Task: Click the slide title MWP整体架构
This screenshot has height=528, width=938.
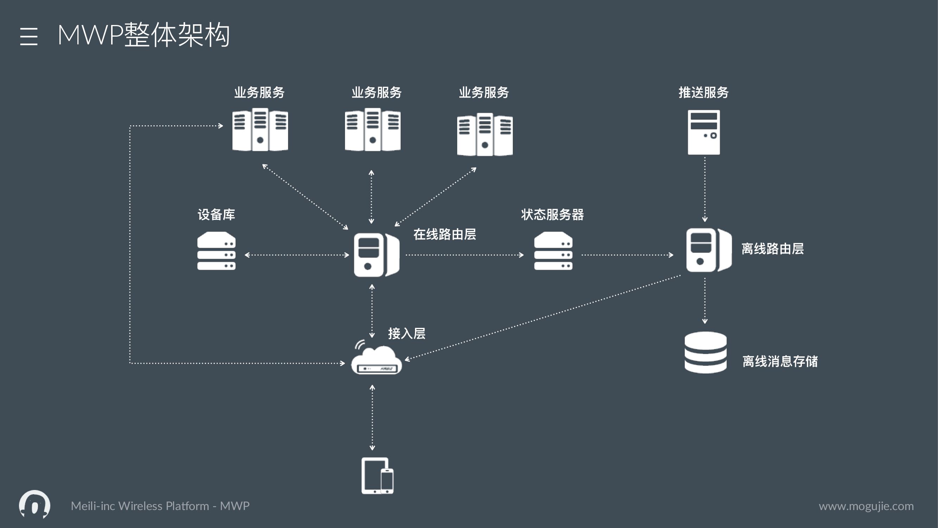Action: pos(143,35)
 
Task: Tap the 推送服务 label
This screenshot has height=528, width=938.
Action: pos(703,93)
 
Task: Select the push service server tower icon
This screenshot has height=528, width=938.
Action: pos(703,132)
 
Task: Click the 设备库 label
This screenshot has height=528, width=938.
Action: pos(216,215)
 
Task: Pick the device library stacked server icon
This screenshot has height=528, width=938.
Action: pos(216,251)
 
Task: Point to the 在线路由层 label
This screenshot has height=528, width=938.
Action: pos(444,234)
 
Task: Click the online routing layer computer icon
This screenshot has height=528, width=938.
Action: pos(376,255)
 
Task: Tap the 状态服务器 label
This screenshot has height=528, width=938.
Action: pos(552,215)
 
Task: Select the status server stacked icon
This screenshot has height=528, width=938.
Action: pos(553,251)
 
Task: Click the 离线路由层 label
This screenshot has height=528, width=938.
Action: pos(772,249)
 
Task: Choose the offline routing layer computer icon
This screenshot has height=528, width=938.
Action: pos(708,250)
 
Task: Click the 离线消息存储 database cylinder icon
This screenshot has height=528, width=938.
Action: pos(705,352)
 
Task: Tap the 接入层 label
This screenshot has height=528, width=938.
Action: pos(406,333)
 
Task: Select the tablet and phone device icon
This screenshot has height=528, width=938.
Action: pos(377,476)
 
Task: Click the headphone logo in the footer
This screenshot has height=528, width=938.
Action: pos(34,504)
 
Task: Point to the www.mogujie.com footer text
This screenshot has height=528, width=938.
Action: pos(866,506)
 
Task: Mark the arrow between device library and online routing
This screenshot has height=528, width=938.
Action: pos(297,255)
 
